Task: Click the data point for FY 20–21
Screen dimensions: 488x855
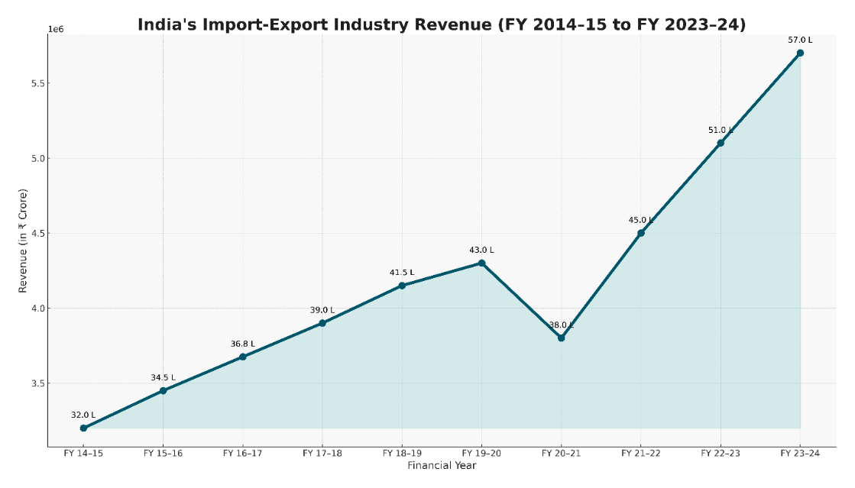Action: [561, 338]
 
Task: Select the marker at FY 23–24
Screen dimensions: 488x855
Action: [800, 53]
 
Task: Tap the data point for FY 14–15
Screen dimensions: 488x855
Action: [83, 428]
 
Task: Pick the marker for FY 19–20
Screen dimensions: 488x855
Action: [481, 263]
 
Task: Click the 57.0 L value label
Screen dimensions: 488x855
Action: [800, 39]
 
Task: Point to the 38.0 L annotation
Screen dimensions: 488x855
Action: [561, 325]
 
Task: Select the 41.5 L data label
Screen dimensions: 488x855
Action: [402, 272]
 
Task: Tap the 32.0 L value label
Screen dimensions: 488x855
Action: [83, 415]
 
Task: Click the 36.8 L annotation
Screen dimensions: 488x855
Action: [243, 344]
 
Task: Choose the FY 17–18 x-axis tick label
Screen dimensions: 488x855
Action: [322, 454]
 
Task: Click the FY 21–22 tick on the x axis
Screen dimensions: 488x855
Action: [640, 454]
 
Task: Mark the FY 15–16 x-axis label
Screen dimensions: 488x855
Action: [163, 454]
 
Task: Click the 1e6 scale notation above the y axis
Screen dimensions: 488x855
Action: [56, 29]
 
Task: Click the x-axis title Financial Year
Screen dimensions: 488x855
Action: [442, 466]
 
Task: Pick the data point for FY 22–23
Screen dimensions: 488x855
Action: [721, 143]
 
